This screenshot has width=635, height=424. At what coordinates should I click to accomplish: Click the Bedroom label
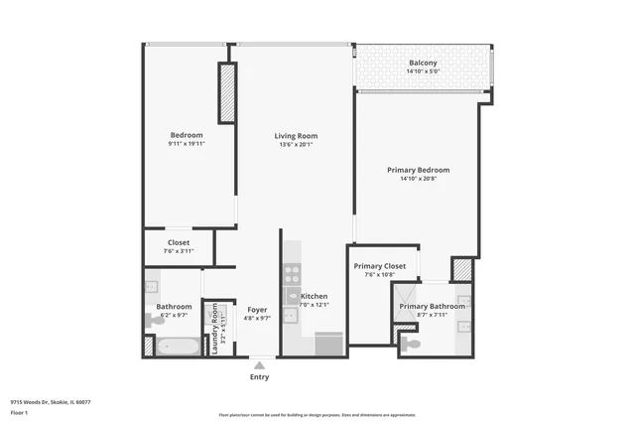(187, 135)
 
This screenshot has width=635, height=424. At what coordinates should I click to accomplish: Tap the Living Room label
(296, 136)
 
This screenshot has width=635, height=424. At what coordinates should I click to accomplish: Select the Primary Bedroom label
(417, 170)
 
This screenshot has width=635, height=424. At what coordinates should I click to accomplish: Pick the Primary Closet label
(380, 266)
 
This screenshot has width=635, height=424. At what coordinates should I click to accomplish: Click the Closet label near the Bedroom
(179, 242)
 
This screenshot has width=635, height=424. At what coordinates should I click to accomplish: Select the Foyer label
(257, 310)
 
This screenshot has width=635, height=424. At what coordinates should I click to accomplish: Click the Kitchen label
(314, 296)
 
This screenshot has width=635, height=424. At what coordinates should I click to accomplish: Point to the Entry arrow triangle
(259, 365)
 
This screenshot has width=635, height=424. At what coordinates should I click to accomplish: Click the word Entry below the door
(259, 377)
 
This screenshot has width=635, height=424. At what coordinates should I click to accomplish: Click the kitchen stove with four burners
(293, 274)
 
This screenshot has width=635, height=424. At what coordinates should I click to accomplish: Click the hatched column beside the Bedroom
(227, 92)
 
